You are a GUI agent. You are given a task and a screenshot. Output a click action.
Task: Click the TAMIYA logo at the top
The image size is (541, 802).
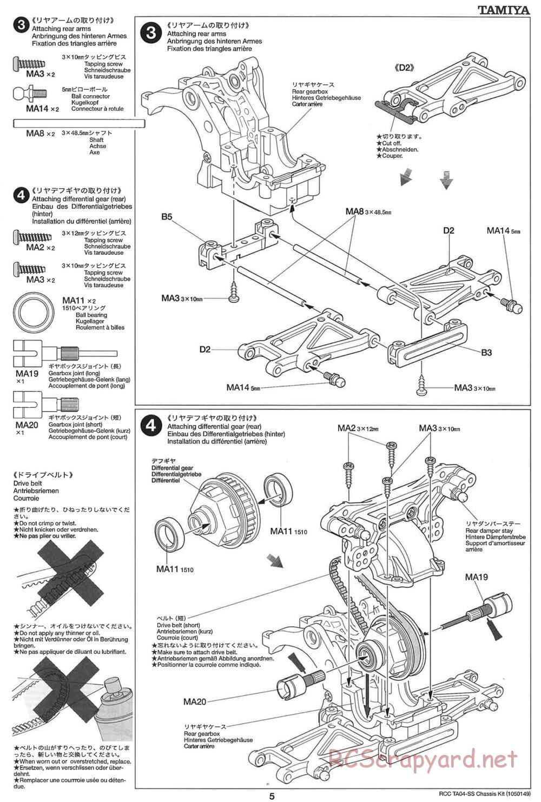point(504,9)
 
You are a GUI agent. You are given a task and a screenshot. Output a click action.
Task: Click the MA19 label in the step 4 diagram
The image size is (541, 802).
point(476,577)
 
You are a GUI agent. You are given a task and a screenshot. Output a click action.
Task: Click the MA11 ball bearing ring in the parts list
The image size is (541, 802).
point(34,313)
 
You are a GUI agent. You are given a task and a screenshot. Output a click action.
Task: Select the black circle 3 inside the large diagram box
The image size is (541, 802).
point(151,33)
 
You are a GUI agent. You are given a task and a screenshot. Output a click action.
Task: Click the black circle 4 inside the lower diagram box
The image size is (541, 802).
point(151,426)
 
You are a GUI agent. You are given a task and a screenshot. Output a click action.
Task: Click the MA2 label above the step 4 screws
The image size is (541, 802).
point(347,428)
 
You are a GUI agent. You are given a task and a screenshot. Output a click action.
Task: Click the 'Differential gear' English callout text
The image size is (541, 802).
point(172,468)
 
